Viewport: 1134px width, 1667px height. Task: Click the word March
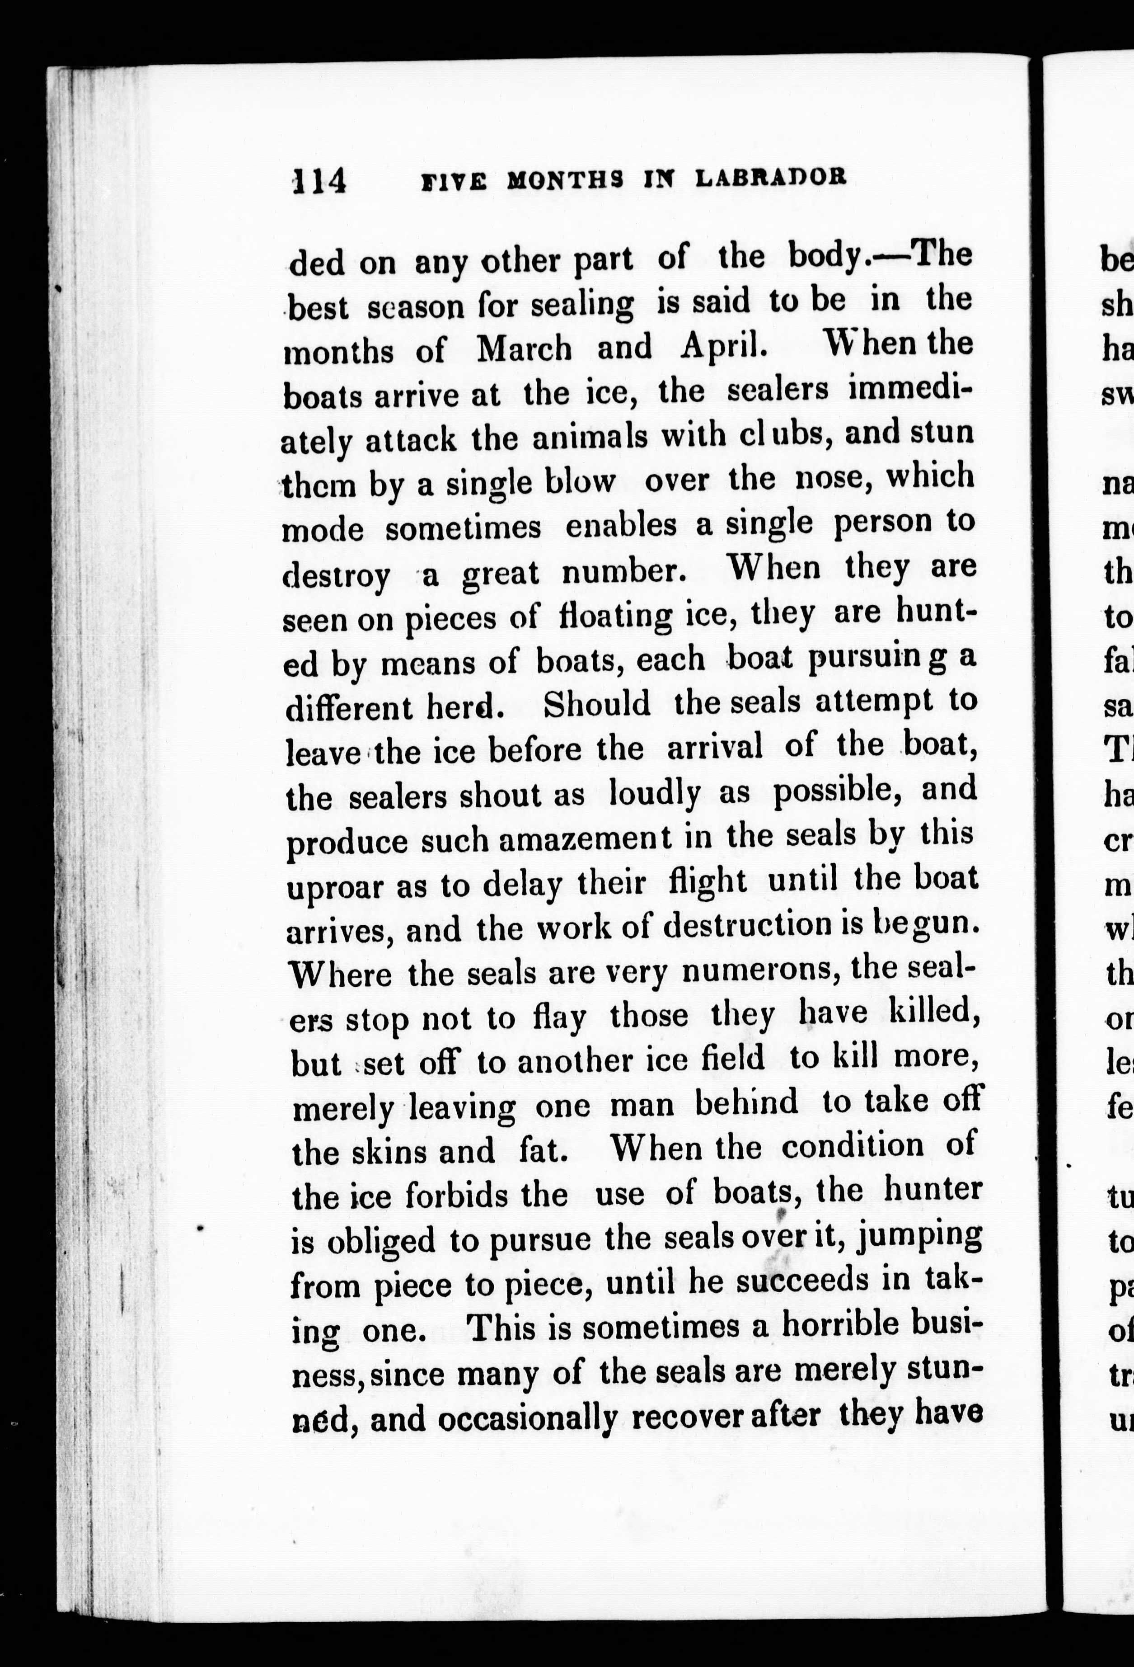coord(524,348)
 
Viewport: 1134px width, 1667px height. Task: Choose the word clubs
coord(780,435)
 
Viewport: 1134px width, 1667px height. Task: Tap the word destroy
coord(337,575)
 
